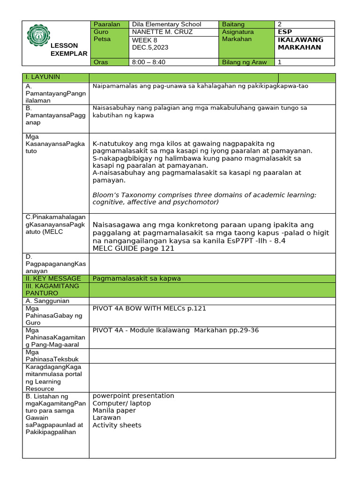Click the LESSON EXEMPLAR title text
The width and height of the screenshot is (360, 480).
pos(68,49)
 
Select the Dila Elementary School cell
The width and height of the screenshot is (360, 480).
pos(166,24)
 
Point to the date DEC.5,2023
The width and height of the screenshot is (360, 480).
pos(150,47)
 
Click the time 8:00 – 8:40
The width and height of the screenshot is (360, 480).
pos(149,62)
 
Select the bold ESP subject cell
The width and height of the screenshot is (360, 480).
pos(285,32)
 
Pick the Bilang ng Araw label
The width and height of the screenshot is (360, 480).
pos(244,62)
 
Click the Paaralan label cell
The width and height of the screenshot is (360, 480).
pos(107,24)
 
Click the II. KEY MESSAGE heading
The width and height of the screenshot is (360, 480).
pos(54,278)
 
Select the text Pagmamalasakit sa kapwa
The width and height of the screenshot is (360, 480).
pos(136,278)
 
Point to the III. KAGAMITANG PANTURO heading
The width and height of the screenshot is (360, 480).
pos(52,289)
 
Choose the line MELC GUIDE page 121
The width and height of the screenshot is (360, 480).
pos(134,248)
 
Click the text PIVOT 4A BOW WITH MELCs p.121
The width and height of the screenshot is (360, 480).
pos(149,308)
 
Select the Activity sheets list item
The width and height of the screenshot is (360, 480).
pos(117,425)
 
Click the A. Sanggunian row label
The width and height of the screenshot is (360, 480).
pos(48,301)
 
